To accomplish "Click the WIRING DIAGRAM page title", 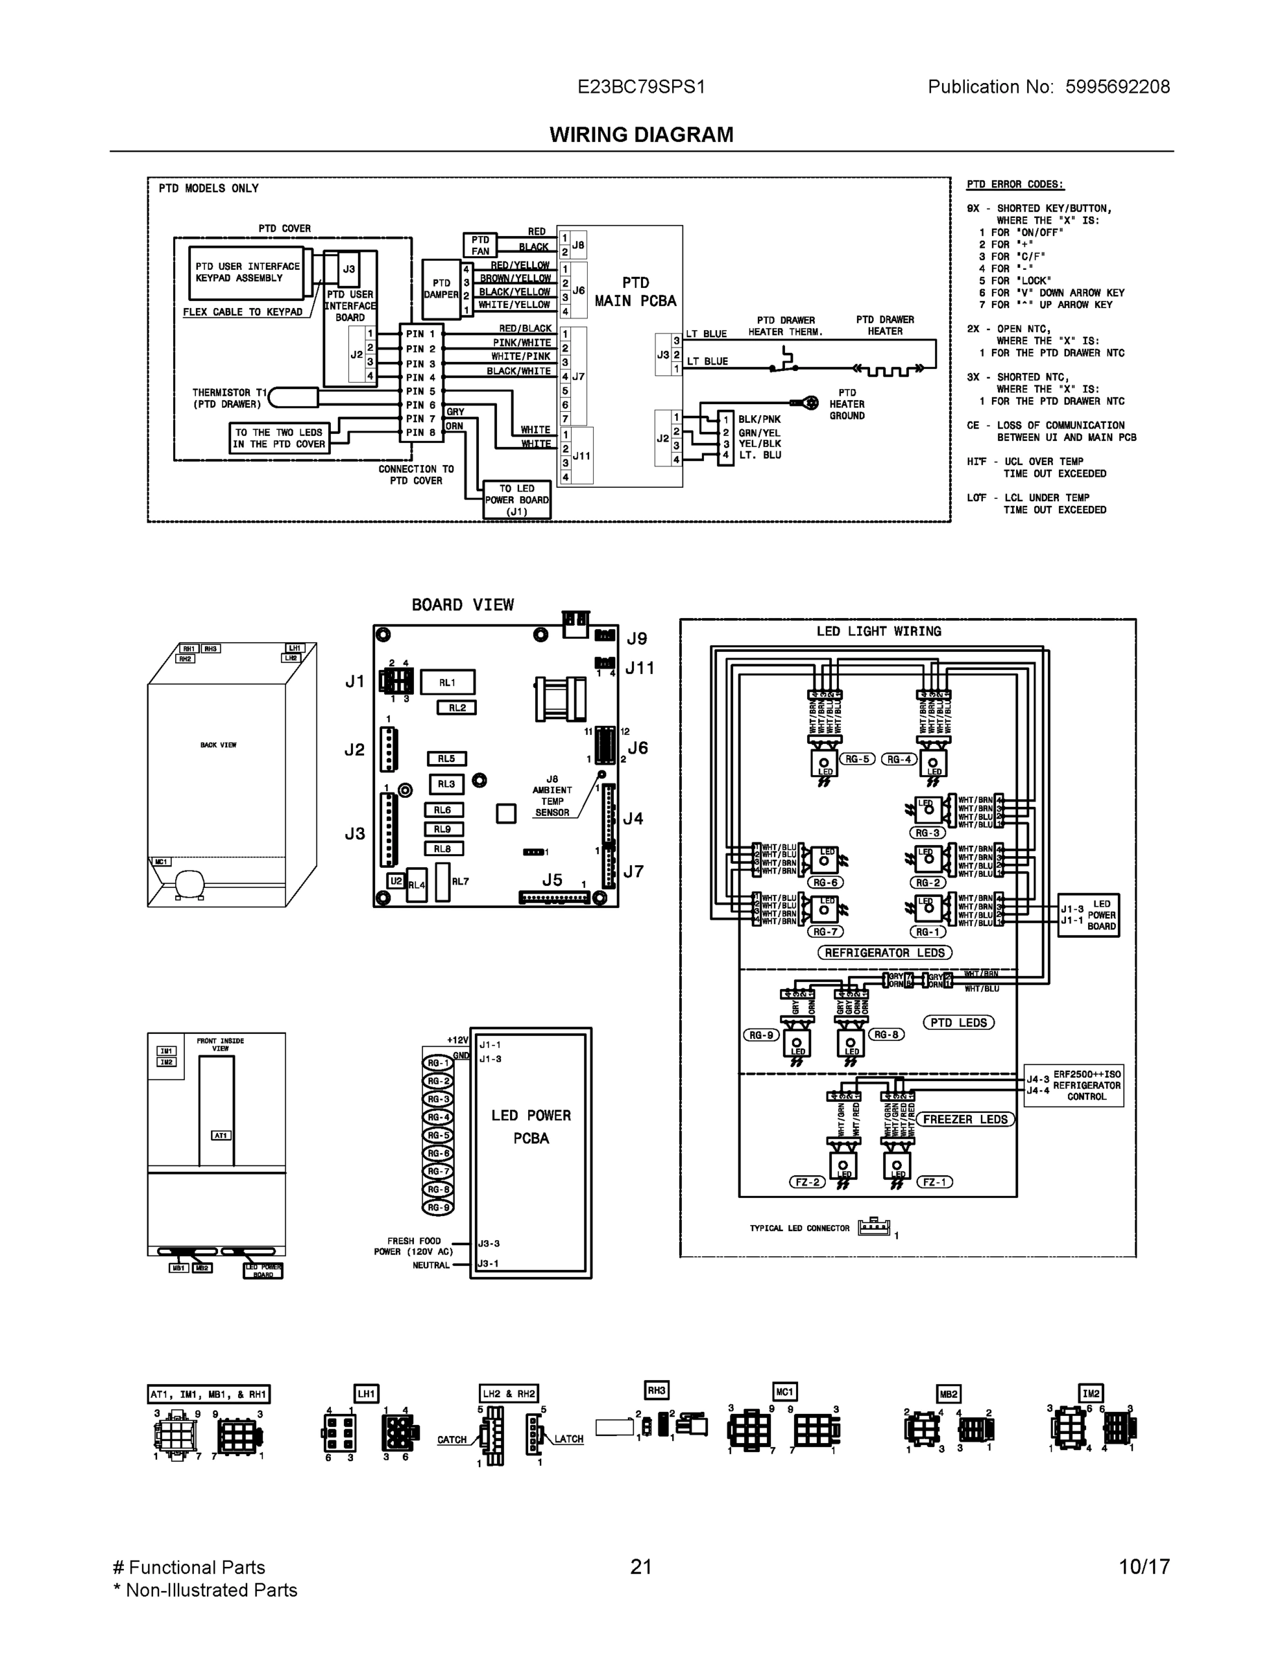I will click(641, 135).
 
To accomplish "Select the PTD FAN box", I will click(480, 245).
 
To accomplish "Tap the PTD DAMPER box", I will click(441, 289).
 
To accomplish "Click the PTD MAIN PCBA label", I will click(635, 292).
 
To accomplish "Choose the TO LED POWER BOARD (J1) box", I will click(516, 500).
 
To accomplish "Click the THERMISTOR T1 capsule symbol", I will click(293, 398).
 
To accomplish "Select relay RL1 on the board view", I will click(447, 682).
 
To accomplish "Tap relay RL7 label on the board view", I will click(460, 882).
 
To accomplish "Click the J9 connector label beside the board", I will click(637, 639).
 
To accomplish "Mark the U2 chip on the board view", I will click(395, 881).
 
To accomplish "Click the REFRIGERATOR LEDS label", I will click(885, 953).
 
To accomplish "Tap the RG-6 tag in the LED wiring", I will click(825, 882).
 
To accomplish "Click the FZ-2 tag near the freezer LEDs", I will click(807, 1182).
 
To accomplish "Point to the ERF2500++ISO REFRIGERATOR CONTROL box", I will click(1074, 1085).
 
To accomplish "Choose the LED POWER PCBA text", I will click(531, 1126).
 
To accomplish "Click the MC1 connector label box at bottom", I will click(784, 1392).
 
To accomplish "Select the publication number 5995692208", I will click(1117, 87).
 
